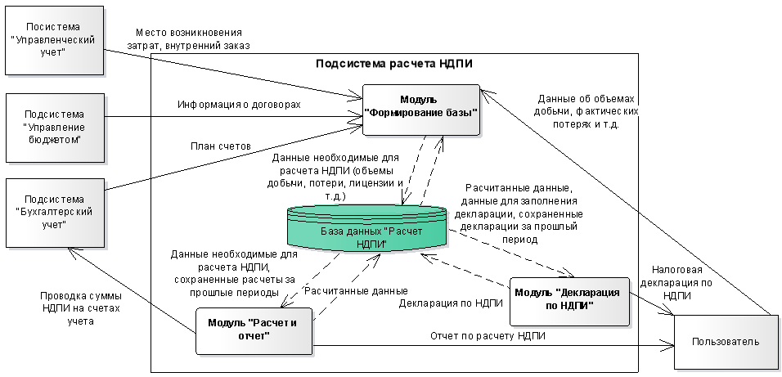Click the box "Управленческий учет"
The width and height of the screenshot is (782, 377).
[x=54, y=40]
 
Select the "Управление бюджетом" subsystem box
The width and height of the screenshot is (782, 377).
[x=55, y=128]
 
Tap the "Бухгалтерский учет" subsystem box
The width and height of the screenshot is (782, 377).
[x=55, y=213]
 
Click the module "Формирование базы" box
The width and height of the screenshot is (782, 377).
[x=421, y=110]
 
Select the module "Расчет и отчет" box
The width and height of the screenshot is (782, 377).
[x=254, y=330]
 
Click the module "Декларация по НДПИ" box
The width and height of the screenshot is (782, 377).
[x=569, y=302]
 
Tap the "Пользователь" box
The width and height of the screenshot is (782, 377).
[x=726, y=342]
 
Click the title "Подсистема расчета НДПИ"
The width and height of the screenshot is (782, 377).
[x=394, y=64]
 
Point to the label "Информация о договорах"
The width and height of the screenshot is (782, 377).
[x=240, y=105]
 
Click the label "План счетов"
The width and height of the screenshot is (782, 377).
[x=220, y=146]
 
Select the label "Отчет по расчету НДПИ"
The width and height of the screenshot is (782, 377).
[x=488, y=336]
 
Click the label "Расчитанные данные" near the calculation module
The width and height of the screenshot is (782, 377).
[x=356, y=291]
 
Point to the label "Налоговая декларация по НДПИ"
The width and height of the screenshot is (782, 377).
[x=676, y=283]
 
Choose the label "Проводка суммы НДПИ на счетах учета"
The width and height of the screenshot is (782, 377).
[x=81, y=308]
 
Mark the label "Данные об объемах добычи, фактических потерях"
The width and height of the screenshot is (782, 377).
[x=586, y=111]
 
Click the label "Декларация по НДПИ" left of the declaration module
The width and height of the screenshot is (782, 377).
[x=451, y=303]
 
